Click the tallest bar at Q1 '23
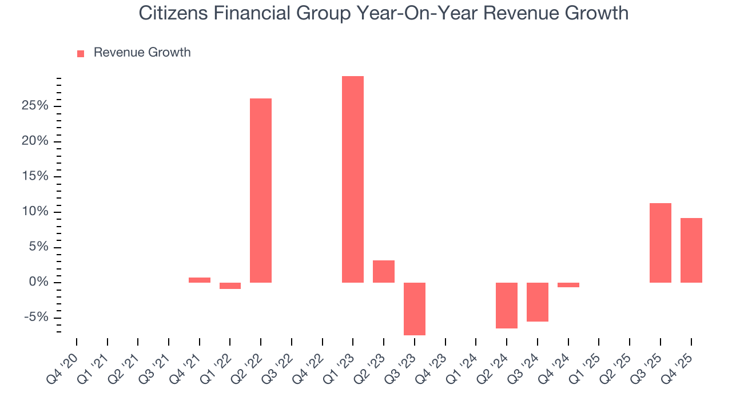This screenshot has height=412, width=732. pos(353,179)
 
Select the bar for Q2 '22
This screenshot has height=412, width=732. pos(261,191)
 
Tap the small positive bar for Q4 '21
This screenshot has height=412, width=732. pos(200,280)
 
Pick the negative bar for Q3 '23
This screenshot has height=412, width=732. pos(415,308)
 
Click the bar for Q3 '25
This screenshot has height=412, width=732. pos(661,243)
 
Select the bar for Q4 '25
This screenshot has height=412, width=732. pos(691,250)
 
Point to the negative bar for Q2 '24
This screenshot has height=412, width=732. pos(507,305)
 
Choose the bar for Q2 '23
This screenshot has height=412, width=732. pos(384,271)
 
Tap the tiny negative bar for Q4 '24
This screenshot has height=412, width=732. pos(568,285)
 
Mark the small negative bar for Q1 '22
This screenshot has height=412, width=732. pos(230,286)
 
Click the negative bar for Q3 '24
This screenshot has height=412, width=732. pos(538,302)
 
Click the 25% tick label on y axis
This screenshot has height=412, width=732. pos(34,106)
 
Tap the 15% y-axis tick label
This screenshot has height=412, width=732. pos(34,176)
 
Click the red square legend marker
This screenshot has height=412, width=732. pos(81,53)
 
